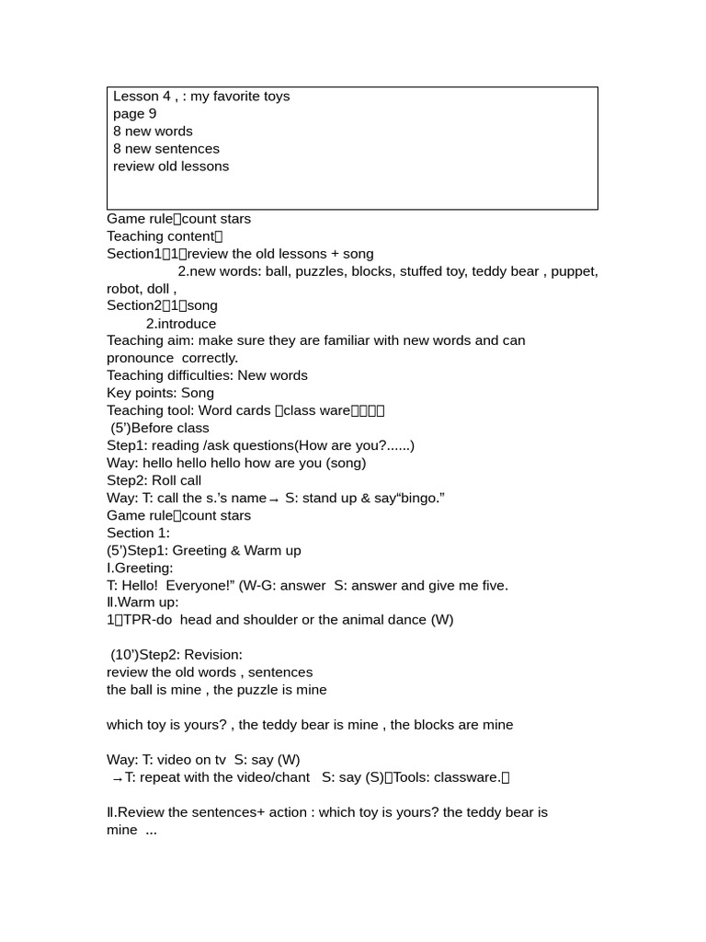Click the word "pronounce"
point(140,358)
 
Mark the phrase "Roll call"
point(176,480)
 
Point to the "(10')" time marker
point(124,655)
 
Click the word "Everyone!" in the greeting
point(196,585)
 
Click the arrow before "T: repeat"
point(117,778)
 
